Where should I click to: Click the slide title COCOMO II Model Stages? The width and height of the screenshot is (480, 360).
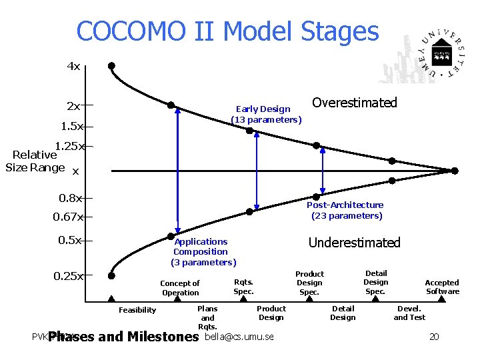pyautogui.click(x=227, y=31)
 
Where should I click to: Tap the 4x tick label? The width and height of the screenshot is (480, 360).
pyautogui.click(x=73, y=66)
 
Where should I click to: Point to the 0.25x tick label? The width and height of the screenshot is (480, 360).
pyautogui.click(x=69, y=275)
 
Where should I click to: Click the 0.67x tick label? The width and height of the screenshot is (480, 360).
pyautogui.click(x=68, y=217)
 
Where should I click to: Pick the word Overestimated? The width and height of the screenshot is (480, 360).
pyautogui.click(x=354, y=103)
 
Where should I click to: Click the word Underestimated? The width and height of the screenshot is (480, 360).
pyautogui.click(x=354, y=243)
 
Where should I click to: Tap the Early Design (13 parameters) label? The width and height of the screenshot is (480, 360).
pyautogui.click(x=265, y=114)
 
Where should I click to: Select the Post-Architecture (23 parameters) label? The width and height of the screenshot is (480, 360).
pyautogui.click(x=346, y=210)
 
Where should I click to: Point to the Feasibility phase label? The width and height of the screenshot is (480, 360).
pyautogui.click(x=137, y=310)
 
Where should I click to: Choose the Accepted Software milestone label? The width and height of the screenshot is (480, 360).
pyautogui.click(x=443, y=287)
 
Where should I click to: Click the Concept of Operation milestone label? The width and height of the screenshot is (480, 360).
pyautogui.click(x=180, y=288)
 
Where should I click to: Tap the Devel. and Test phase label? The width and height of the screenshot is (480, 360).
pyautogui.click(x=409, y=313)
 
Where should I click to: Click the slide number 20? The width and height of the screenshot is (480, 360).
pyautogui.click(x=434, y=337)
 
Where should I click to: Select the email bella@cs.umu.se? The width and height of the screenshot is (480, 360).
pyautogui.click(x=239, y=337)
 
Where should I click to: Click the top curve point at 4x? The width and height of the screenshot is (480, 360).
pyautogui.click(x=111, y=66)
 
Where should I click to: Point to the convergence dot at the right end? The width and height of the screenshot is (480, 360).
pyautogui.click(x=455, y=171)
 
